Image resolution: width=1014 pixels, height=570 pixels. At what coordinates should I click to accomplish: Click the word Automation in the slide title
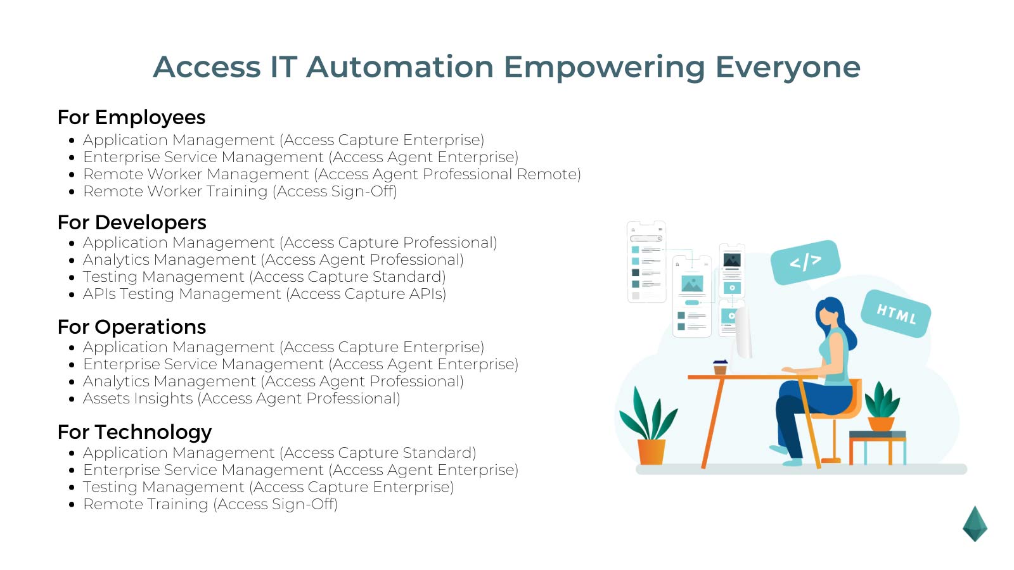click(399, 67)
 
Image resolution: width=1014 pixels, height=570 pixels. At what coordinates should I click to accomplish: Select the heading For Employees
click(131, 118)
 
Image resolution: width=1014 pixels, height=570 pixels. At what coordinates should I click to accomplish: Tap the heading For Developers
click(132, 223)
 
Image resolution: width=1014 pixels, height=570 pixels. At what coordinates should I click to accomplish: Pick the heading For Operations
click(132, 327)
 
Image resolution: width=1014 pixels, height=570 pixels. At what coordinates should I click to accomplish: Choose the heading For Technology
click(134, 433)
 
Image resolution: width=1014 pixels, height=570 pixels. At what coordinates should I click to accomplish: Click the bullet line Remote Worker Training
click(240, 192)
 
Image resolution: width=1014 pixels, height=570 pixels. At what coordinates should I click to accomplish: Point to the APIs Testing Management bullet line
click(264, 294)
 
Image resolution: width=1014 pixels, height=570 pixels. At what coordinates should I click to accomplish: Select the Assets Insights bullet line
click(241, 399)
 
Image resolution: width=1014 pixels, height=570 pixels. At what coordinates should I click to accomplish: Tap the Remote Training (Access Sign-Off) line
click(210, 505)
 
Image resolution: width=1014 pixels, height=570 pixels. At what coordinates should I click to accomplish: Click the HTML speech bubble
click(895, 313)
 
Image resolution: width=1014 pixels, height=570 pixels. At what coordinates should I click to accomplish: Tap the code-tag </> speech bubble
click(805, 261)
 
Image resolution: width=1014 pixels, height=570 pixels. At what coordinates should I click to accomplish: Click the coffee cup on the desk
click(720, 367)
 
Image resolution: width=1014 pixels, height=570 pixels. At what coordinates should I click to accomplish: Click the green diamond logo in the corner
click(975, 524)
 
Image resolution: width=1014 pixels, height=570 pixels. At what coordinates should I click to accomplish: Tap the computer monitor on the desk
click(743, 332)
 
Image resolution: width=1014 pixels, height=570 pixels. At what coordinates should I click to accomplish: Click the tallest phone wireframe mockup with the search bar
click(646, 262)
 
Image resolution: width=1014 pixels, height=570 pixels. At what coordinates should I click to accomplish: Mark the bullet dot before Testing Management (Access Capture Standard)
click(72, 277)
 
